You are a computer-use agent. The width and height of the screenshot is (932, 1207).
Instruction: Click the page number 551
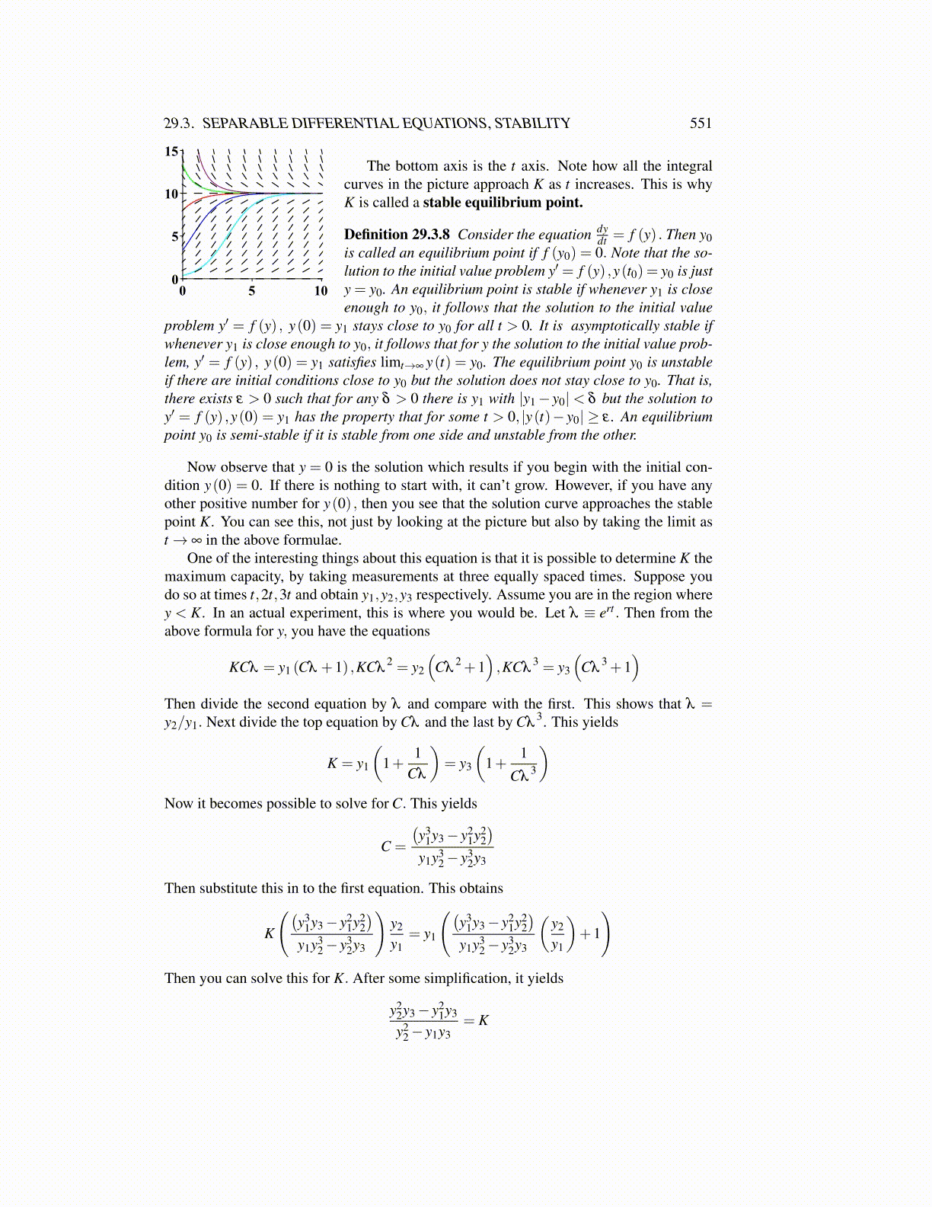[x=700, y=123]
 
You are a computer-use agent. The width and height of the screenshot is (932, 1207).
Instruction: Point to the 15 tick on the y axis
[x=172, y=151]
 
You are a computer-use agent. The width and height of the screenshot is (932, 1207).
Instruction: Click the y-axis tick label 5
[x=175, y=237]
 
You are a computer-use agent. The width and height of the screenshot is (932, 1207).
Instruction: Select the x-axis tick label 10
[x=321, y=291]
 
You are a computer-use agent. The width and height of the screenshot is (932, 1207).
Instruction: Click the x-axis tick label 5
[x=251, y=291]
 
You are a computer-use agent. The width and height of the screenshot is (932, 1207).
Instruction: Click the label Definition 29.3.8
[x=397, y=235]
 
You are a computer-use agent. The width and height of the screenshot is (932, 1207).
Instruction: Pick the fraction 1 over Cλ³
[x=522, y=765]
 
